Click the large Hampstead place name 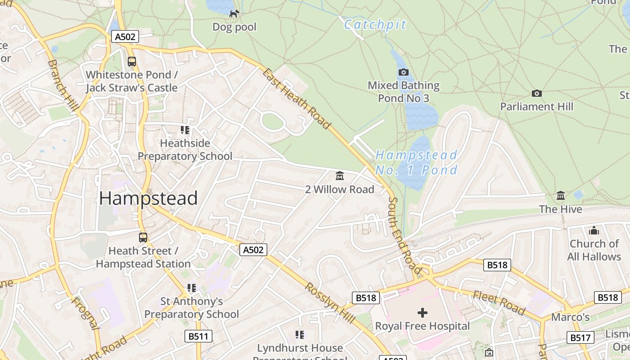pyautogui.click(x=148, y=198)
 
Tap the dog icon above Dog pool pyautogui.click(x=234, y=14)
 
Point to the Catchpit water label pyautogui.click(x=375, y=25)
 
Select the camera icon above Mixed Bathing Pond pyautogui.click(x=404, y=72)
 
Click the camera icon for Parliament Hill pyautogui.click(x=536, y=94)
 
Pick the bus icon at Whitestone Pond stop pyautogui.click(x=131, y=62)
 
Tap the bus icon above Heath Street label pyautogui.click(x=143, y=238)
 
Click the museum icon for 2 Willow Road pyautogui.click(x=340, y=176)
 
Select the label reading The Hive pyautogui.click(x=560, y=209)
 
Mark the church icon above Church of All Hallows pyautogui.click(x=594, y=231)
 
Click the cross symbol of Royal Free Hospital pyautogui.click(x=422, y=312)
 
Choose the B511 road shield pyautogui.click(x=198, y=336)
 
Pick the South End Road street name pyautogui.click(x=405, y=236)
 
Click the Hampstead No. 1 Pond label pyautogui.click(x=416, y=162)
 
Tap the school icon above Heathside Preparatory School pyautogui.click(x=184, y=130)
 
